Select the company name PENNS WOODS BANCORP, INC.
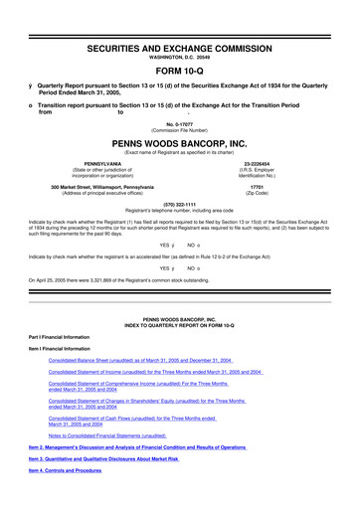[180, 141]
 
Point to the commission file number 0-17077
[180, 123]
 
